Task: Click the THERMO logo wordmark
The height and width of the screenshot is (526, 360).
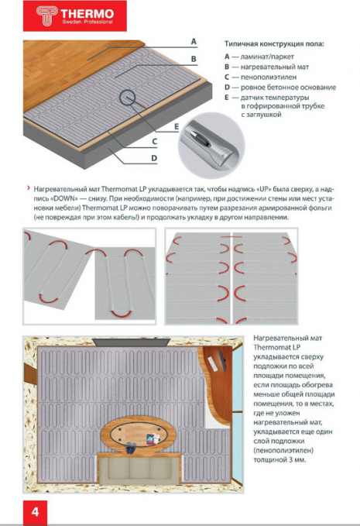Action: click(x=87, y=14)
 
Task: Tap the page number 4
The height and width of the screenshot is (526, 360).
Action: click(x=35, y=512)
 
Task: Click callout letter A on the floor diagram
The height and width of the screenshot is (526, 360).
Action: click(x=194, y=42)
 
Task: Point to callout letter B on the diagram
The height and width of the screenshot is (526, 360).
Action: click(x=194, y=59)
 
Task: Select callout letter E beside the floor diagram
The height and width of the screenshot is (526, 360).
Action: click(x=177, y=127)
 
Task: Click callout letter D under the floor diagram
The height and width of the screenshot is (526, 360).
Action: click(x=154, y=158)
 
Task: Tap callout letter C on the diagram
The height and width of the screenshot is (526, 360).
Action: click(x=154, y=142)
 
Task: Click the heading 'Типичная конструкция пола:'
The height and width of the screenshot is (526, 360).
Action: click(x=274, y=44)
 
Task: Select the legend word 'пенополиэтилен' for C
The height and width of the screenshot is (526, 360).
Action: click(x=269, y=77)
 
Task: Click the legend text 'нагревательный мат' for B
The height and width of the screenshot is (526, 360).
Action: click(x=275, y=67)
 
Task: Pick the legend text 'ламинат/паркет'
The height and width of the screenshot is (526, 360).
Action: click(x=267, y=57)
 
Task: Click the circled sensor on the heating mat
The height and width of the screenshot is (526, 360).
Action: click(x=127, y=98)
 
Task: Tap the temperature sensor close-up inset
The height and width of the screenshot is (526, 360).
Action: click(x=211, y=145)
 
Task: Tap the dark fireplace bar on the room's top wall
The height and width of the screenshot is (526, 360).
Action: click(x=131, y=342)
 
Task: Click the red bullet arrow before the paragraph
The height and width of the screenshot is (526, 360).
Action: click(x=29, y=188)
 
